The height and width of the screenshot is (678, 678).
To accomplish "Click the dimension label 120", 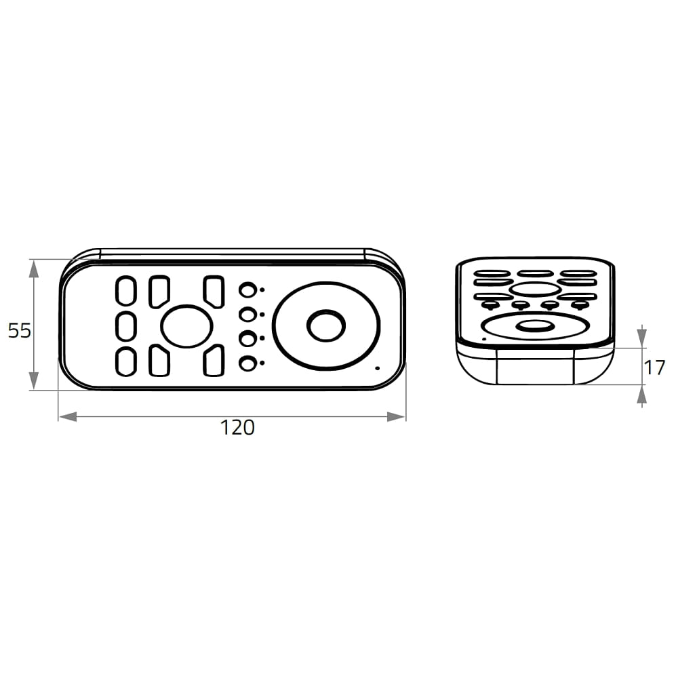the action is click(237, 428).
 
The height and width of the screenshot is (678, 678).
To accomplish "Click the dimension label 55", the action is click(20, 331).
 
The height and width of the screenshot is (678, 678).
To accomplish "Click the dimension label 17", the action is click(654, 368).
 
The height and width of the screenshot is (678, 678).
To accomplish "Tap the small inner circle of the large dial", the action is click(326, 325).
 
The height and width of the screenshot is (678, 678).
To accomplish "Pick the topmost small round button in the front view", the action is click(247, 290).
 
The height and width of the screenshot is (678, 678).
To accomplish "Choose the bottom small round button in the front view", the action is click(247, 363).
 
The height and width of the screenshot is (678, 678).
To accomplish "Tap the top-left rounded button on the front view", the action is click(126, 290).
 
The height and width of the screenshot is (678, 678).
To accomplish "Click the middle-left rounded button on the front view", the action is click(126, 325).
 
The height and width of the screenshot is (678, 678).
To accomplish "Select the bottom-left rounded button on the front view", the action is click(126, 361).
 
